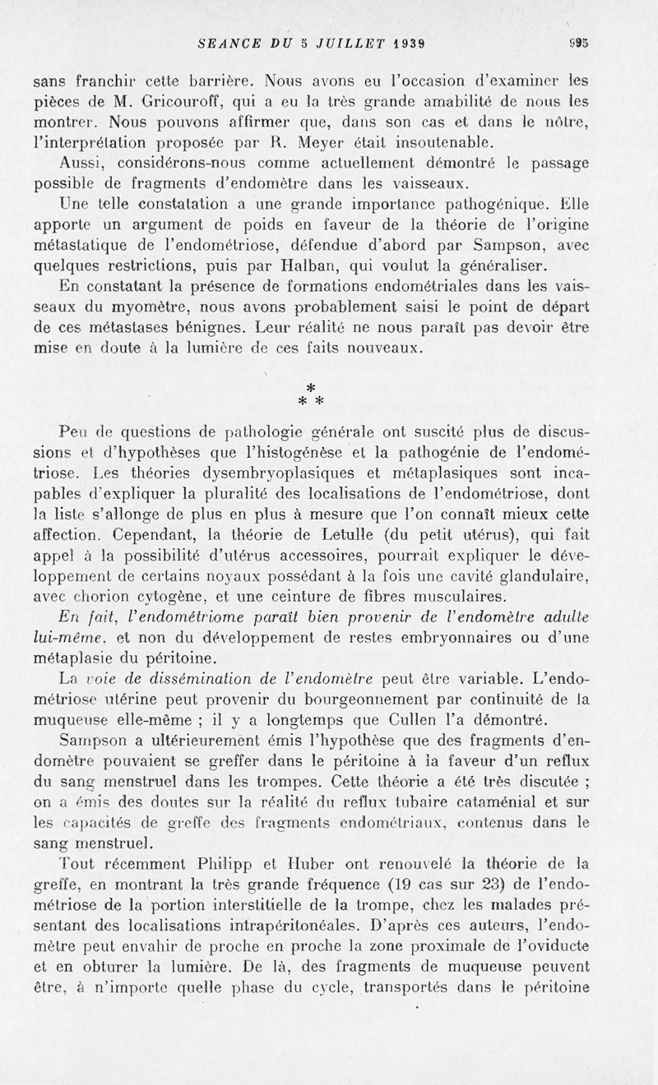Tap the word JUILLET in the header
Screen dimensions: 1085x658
point(339,44)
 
